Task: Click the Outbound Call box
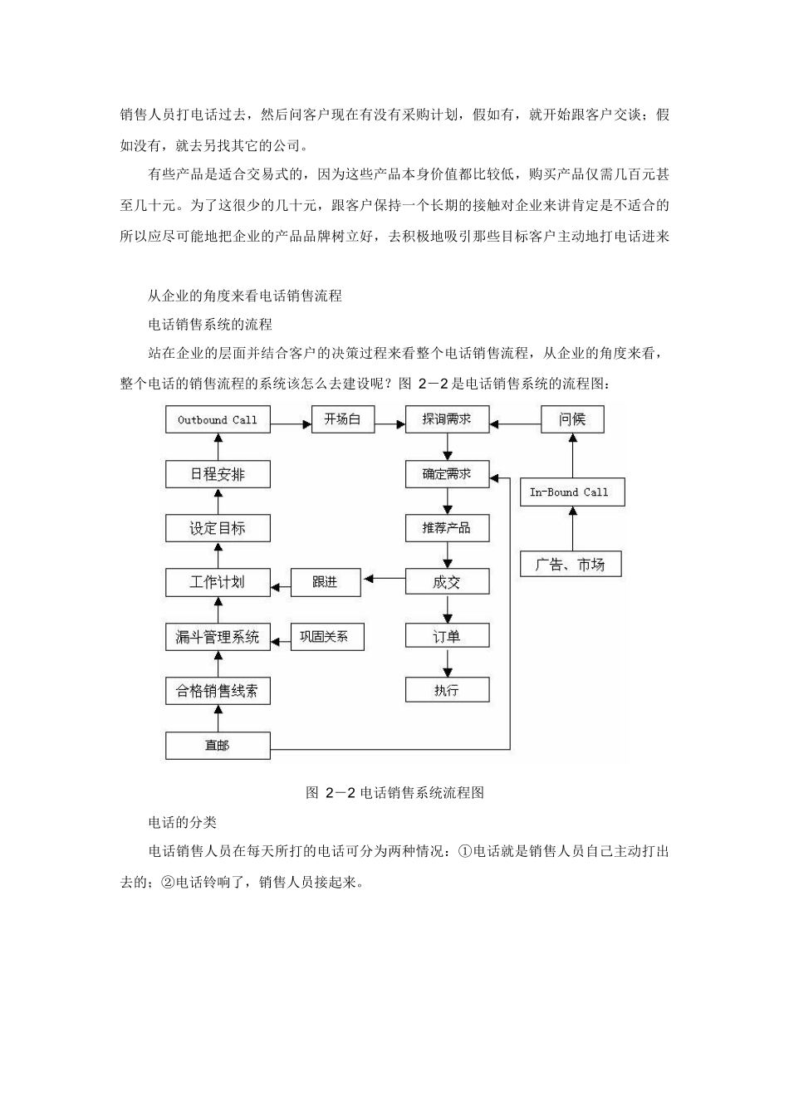pos(218,420)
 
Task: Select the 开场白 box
pos(342,419)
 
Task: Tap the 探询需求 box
pos(447,419)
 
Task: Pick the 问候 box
pos(572,419)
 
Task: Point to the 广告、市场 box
pos(570,565)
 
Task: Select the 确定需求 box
pos(447,474)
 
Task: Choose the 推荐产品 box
pos(447,528)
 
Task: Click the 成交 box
pos(447,582)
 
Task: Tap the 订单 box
pos(447,637)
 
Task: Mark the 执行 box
pos(447,690)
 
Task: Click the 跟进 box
pos(326,582)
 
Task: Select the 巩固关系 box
pos(326,637)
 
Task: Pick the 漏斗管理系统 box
pos(218,637)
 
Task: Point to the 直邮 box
pos(218,746)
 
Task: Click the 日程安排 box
pos(218,474)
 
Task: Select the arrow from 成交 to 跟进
pos(383,579)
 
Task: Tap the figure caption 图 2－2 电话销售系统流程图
pos(394,793)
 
